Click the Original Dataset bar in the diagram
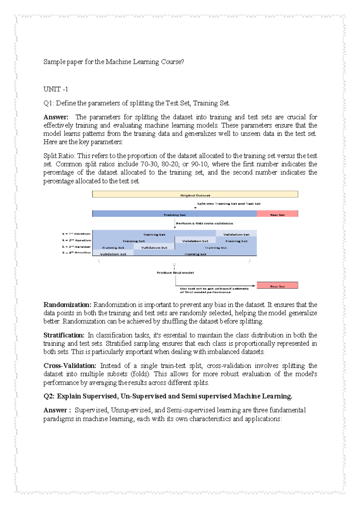[195, 194]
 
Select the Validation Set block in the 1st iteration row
[236, 234]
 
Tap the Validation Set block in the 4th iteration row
[113, 253]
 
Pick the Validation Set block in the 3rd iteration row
[154, 247]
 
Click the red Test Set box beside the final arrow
[277, 285]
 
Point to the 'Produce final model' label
[175, 273]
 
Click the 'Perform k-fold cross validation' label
[204, 224]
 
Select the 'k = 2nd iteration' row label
[76, 240]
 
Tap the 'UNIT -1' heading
[55, 89]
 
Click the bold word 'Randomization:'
[67, 305]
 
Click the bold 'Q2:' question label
[49, 396]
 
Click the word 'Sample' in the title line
[54, 62]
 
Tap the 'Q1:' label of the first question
[49, 103]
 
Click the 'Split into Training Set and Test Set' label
[229, 204]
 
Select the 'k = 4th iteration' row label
[76, 253]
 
